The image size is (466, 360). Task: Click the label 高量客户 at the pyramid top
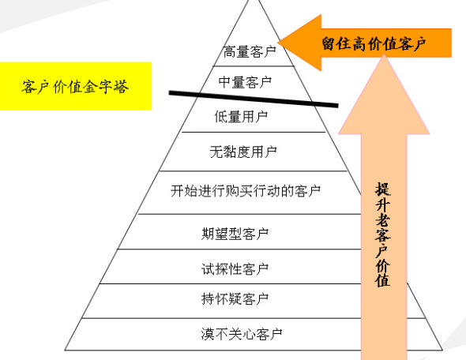click(x=250, y=51)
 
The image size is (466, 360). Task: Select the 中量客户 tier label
click(x=245, y=82)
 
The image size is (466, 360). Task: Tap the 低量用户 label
click(x=241, y=116)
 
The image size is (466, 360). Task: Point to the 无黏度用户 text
click(x=243, y=152)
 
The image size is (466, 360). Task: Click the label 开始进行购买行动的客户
click(x=246, y=191)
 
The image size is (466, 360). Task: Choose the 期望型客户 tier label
click(x=235, y=234)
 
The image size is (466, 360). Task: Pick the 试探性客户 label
click(x=235, y=269)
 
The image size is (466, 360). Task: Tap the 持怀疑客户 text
click(x=235, y=298)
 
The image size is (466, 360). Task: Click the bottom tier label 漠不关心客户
click(x=242, y=334)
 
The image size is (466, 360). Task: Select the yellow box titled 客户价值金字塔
click(x=76, y=86)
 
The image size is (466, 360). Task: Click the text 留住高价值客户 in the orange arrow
click(x=374, y=44)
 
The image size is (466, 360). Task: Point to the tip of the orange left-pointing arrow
click(x=278, y=43)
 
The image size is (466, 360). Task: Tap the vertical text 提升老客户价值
click(x=383, y=234)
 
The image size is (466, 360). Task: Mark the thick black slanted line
click(x=254, y=99)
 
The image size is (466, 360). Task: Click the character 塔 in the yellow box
click(x=121, y=87)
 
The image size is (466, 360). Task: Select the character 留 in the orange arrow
click(x=329, y=43)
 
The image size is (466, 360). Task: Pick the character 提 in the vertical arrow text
click(x=383, y=189)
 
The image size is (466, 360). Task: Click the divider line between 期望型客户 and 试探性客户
click(x=239, y=249)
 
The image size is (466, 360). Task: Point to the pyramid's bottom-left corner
click(x=65, y=351)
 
